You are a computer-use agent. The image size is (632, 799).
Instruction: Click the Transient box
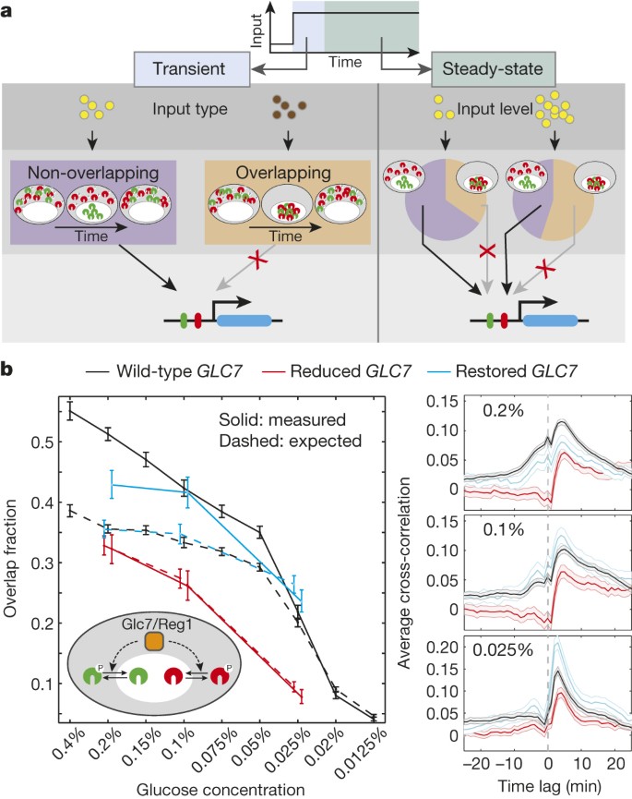click(x=192, y=69)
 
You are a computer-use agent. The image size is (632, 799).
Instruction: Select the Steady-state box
click(x=494, y=69)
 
